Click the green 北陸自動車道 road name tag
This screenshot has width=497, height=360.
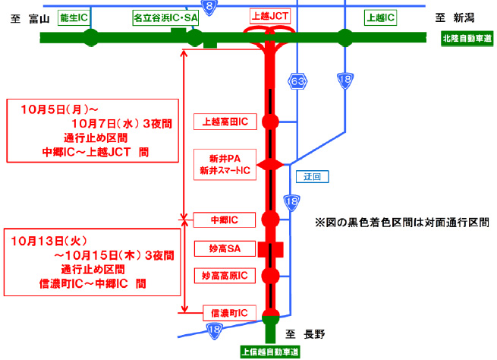(x=466, y=38)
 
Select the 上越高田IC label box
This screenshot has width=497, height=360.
(x=225, y=120)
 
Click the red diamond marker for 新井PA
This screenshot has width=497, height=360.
(x=270, y=165)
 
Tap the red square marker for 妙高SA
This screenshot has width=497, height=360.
(x=269, y=249)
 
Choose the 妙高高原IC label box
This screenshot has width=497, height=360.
(x=225, y=275)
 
